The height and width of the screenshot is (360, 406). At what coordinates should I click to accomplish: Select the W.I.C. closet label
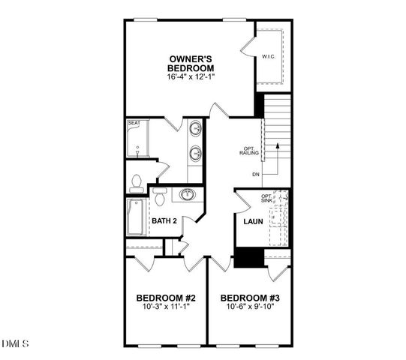click(x=269, y=57)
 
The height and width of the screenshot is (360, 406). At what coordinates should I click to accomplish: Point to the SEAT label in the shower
click(x=134, y=122)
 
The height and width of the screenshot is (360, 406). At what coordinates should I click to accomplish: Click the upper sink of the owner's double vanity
click(x=195, y=128)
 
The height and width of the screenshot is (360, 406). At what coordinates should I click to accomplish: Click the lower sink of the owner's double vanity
click(x=195, y=154)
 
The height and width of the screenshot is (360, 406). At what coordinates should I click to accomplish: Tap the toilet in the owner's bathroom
click(x=136, y=181)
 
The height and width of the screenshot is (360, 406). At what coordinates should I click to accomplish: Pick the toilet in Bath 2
click(x=159, y=197)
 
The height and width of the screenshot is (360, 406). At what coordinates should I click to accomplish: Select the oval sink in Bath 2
click(x=186, y=195)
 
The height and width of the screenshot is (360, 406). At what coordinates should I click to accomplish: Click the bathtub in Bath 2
click(x=137, y=217)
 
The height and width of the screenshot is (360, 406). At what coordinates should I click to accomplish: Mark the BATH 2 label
click(x=164, y=221)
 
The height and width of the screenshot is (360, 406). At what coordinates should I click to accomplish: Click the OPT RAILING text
click(x=250, y=150)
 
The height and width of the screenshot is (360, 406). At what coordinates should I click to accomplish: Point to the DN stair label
click(x=256, y=174)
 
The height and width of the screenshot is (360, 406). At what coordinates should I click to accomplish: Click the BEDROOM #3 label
click(x=248, y=296)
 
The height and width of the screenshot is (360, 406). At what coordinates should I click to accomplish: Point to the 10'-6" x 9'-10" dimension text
click(x=248, y=306)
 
